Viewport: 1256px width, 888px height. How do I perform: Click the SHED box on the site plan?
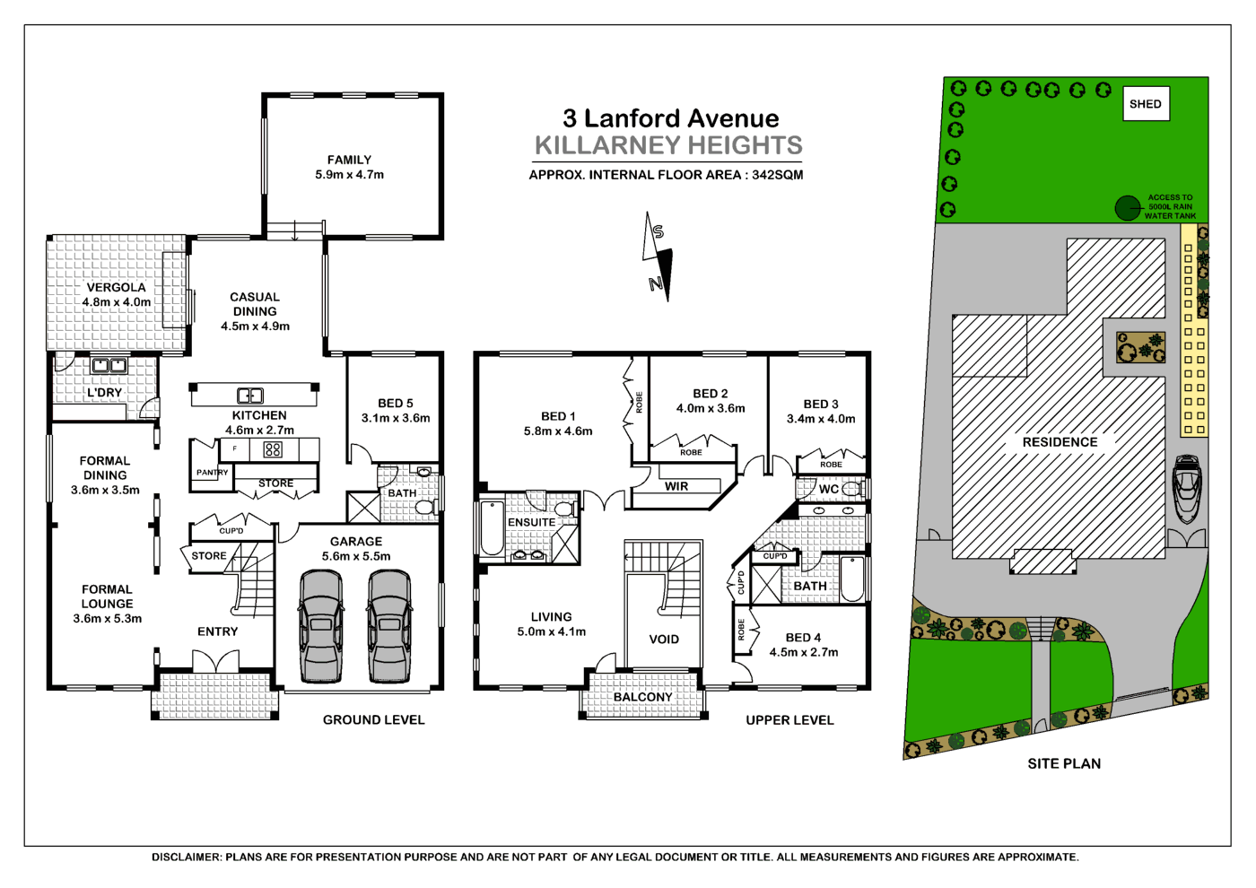point(1146,104)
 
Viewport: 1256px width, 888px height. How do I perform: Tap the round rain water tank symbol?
point(1127,208)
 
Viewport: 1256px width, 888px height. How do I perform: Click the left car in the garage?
point(321,626)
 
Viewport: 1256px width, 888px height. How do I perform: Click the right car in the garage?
point(389,626)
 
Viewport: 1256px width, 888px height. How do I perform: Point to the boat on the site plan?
point(1187,489)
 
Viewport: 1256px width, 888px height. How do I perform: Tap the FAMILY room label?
point(349,160)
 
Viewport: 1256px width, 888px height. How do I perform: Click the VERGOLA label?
point(116,288)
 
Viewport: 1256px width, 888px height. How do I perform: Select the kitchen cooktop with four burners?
point(273,449)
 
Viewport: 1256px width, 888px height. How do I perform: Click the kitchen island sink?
point(250,396)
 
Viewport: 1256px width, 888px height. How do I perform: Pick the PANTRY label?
point(212,473)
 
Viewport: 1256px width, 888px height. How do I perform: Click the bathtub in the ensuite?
point(493,529)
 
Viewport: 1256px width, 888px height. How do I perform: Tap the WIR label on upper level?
point(676,486)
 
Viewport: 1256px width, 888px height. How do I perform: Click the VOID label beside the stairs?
point(664,640)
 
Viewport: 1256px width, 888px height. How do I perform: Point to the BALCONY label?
point(642,697)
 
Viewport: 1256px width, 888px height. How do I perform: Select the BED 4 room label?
point(803,638)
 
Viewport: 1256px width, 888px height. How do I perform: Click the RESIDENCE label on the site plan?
point(1060,442)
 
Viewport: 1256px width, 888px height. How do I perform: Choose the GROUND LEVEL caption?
point(373,720)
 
